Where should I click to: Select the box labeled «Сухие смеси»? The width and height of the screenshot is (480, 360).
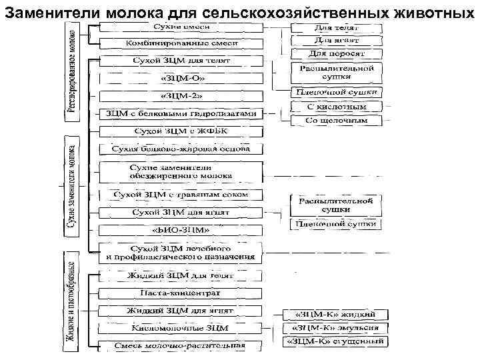pyautogui.click(x=181, y=27)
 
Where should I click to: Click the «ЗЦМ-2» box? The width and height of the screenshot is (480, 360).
pyautogui.click(x=181, y=96)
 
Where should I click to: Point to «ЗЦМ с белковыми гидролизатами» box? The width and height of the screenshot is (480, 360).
pyautogui.click(x=181, y=113)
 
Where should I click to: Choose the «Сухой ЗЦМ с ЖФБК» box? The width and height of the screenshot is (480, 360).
pyautogui.click(x=181, y=131)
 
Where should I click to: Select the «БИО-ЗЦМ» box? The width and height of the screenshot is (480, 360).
pyautogui.click(x=181, y=230)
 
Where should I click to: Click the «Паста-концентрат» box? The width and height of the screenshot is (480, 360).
pyautogui.click(x=181, y=293)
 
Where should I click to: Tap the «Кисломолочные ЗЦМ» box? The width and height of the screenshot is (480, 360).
pyautogui.click(x=181, y=328)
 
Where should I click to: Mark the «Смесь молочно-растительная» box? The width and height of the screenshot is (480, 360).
pyautogui.click(x=181, y=345)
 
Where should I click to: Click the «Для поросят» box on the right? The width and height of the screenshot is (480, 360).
pyautogui.click(x=337, y=53)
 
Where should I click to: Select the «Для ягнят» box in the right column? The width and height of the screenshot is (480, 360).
pyautogui.click(x=337, y=41)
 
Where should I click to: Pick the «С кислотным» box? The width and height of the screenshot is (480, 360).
pyautogui.click(x=337, y=107)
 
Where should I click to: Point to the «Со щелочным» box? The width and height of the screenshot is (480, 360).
pyautogui.click(x=337, y=121)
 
